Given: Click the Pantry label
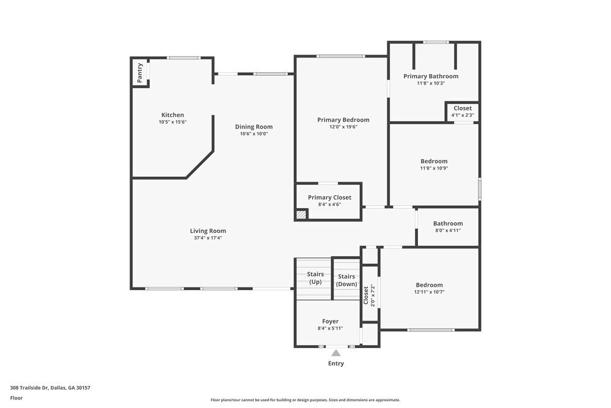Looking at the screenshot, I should [x=140, y=73].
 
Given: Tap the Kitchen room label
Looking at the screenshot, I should [x=172, y=115].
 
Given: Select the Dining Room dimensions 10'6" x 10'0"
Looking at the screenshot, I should [x=254, y=134].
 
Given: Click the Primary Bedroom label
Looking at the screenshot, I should [x=343, y=120].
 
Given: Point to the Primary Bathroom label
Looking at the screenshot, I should [x=431, y=76].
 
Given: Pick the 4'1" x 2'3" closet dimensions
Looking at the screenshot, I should [x=462, y=115].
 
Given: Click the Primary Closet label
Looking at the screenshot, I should [x=329, y=198].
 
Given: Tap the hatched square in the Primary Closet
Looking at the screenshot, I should [x=301, y=215].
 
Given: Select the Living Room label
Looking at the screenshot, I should [x=208, y=231].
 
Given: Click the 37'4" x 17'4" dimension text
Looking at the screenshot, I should [x=208, y=238].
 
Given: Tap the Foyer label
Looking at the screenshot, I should [x=330, y=321].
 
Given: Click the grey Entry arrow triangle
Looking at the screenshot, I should [x=335, y=352].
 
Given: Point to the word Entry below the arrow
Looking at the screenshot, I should [x=335, y=363].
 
